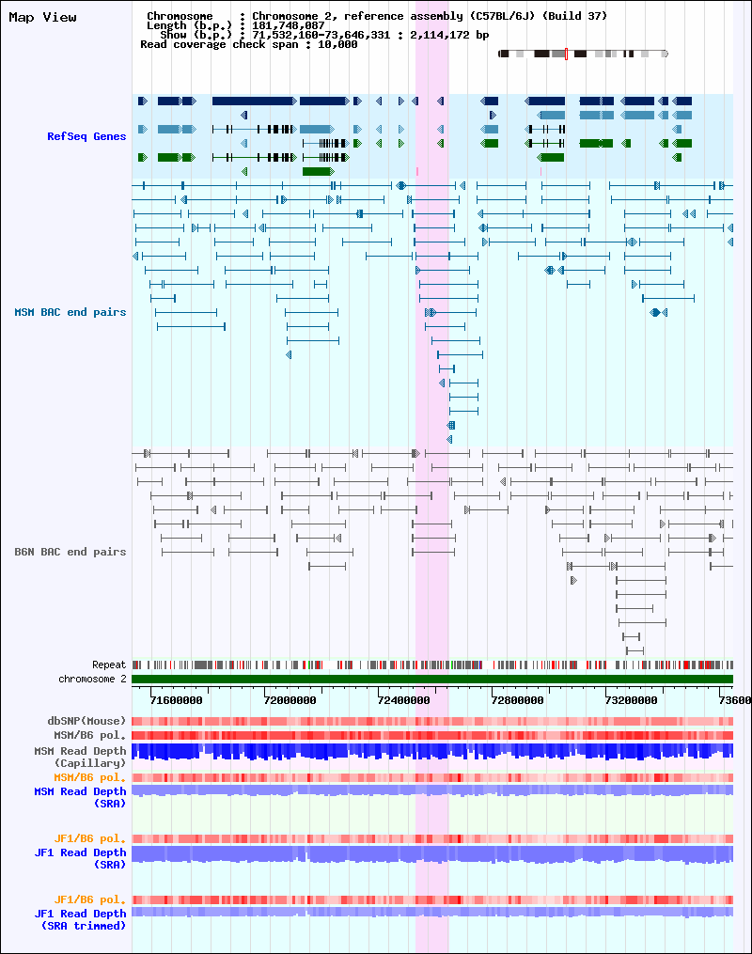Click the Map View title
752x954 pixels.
pos(42,17)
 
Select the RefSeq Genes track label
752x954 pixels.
pos(86,136)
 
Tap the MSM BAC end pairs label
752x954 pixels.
pos(70,312)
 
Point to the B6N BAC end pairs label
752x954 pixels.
pos(70,552)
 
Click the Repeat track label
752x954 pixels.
pos(109,665)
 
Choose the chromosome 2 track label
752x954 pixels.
pos(92,679)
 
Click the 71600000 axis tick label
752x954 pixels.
pos(177,700)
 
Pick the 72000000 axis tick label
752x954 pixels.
pos(290,700)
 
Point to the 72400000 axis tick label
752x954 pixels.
pos(404,700)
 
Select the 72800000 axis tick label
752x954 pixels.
pos(518,700)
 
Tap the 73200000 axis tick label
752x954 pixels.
pos(632,700)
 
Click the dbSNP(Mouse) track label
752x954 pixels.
pos(86,721)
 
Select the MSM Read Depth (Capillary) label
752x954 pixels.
pos(80,757)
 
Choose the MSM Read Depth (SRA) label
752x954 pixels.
pos(80,797)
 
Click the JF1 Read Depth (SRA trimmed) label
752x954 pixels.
pos(80,919)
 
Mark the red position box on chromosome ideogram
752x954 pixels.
pos(567,54)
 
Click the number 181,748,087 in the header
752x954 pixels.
pos(289,25)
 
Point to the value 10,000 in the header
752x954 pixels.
pos(337,44)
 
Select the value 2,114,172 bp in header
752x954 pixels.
pos(449,35)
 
